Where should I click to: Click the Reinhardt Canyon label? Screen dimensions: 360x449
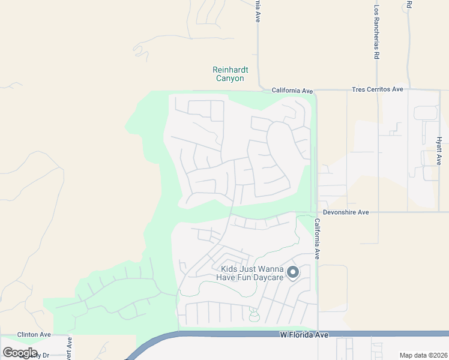[x=229, y=74]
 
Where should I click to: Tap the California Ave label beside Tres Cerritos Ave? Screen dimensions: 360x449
[x=292, y=90]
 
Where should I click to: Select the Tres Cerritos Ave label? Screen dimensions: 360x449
[x=377, y=89]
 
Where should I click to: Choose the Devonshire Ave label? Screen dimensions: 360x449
[x=346, y=212]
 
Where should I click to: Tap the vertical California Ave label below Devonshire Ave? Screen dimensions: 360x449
[x=318, y=238]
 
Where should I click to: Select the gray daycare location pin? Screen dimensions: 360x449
[x=293, y=272]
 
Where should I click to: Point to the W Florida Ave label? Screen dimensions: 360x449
[x=304, y=334]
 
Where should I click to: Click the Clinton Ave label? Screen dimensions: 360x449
[x=34, y=334]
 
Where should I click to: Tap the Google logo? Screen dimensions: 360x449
[x=20, y=353]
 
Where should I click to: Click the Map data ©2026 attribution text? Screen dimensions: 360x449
[x=423, y=355]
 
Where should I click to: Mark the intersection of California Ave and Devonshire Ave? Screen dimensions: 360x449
[x=316, y=212]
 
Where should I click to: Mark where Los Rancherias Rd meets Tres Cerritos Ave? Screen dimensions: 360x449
[x=377, y=90]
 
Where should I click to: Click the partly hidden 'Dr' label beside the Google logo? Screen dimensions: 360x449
[x=44, y=355]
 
